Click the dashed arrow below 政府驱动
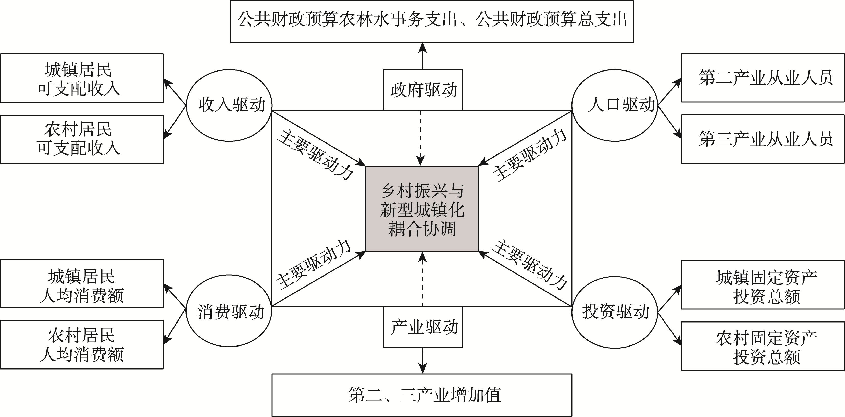pos(420,138)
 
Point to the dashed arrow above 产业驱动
pos(423,279)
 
